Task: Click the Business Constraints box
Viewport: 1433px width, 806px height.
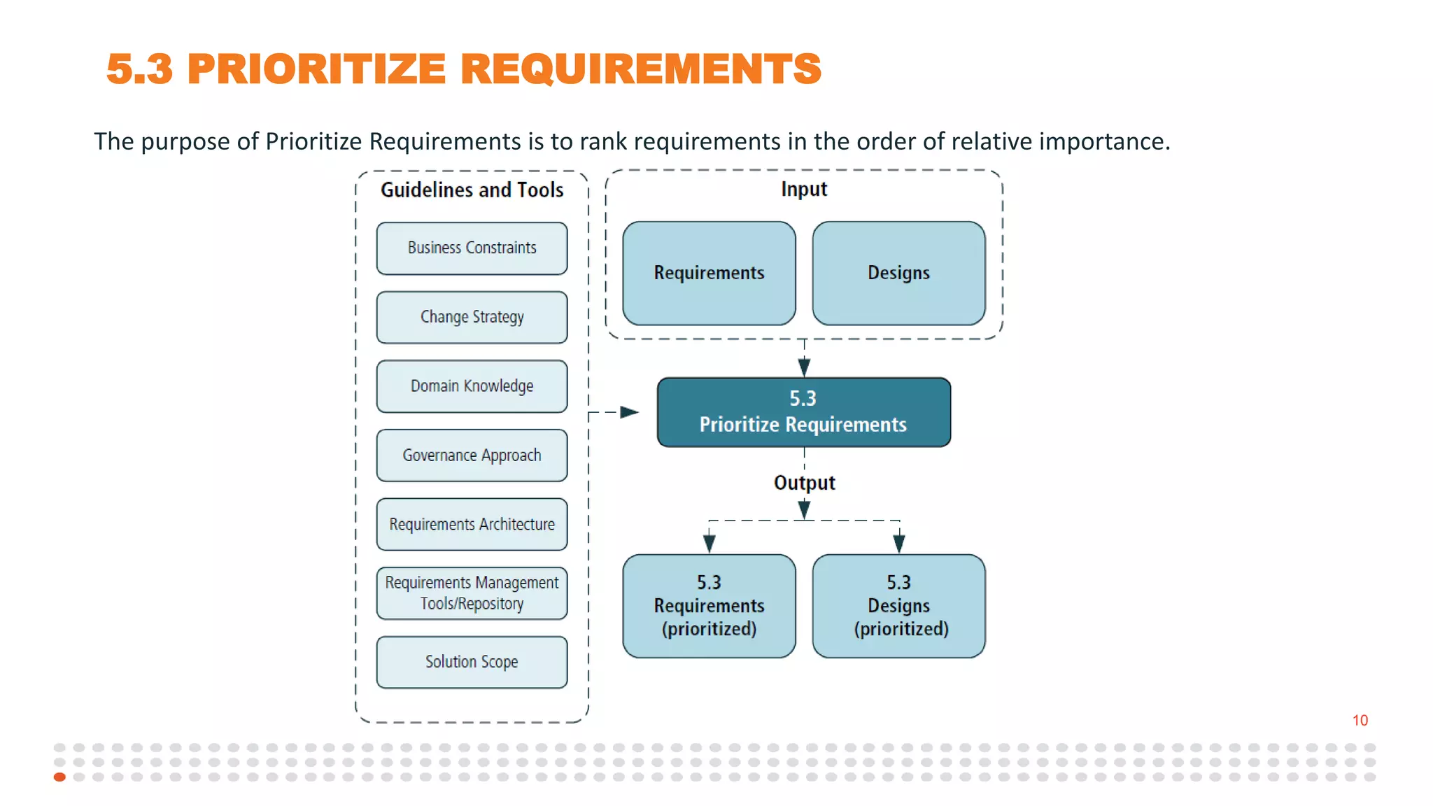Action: point(472,248)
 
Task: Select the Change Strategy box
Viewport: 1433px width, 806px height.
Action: point(472,317)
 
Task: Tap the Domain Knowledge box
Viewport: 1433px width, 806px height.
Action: point(472,386)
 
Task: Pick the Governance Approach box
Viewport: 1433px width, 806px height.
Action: point(472,455)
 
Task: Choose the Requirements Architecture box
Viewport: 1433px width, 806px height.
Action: point(472,524)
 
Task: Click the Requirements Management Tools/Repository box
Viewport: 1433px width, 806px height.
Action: point(472,593)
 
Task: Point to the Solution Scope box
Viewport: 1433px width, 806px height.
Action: point(472,662)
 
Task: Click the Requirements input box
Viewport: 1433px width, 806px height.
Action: point(709,274)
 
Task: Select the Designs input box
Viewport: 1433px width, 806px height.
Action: point(898,274)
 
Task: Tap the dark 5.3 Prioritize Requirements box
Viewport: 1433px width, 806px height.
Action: point(803,412)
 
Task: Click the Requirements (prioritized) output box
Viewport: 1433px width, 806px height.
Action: point(709,606)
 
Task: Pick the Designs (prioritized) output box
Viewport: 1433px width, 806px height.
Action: point(898,606)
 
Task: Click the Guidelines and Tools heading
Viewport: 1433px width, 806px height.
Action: point(472,190)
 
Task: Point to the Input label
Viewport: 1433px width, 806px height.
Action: point(804,189)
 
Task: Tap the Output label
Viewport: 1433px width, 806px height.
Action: point(804,483)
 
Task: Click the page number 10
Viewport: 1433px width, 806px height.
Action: point(1360,720)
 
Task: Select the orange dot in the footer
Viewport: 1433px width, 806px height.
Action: point(60,777)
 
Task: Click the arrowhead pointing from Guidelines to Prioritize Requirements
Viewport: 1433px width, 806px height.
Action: point(629,412)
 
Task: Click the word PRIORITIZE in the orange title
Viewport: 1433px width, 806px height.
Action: point(316,69)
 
